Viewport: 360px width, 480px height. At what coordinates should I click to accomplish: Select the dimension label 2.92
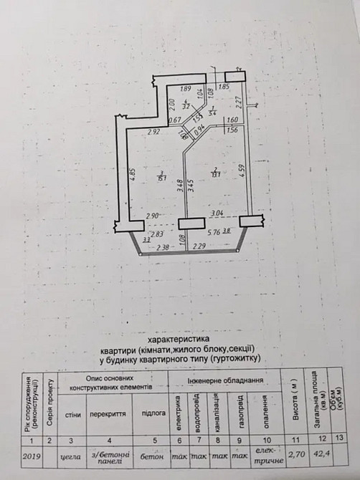[x=153, y=132]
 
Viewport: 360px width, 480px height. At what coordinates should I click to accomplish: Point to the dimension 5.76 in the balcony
[x=214, y=233]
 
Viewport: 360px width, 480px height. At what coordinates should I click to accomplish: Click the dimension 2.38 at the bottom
[x=163, y=248]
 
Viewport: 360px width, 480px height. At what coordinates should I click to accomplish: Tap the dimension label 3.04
[x=217, y=213]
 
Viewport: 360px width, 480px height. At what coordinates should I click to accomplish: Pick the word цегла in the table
[x=72, y=453]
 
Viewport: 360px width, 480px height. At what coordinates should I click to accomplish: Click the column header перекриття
[x=112, y=415]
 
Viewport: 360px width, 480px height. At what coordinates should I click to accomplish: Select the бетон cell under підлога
[x=151, y=453]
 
